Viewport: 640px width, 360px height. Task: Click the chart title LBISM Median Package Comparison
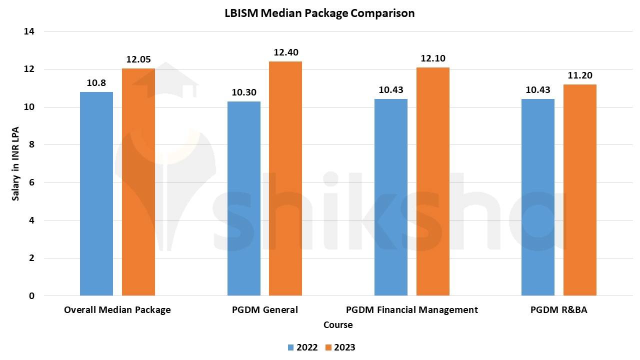click(319, 13)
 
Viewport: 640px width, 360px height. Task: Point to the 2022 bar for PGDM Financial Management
click(391, 197)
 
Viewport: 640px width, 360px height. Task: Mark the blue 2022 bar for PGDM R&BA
click(538, 197)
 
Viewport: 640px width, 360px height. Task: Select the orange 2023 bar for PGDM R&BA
click(580, 190)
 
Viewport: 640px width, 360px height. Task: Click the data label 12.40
click(285, 52)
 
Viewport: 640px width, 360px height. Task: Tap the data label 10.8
click(96, 83)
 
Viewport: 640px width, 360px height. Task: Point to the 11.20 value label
click(580, 75)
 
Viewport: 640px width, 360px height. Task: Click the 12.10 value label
click(433, 58)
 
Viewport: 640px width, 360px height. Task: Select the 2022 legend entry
click(302, 347)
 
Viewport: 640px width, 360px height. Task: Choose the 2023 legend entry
click(340, 347)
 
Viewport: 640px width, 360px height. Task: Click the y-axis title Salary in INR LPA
click(16, 163)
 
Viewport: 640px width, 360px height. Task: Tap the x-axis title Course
click(338, 325)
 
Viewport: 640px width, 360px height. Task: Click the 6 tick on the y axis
click(32, 182)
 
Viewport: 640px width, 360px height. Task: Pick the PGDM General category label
click(264, 310)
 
